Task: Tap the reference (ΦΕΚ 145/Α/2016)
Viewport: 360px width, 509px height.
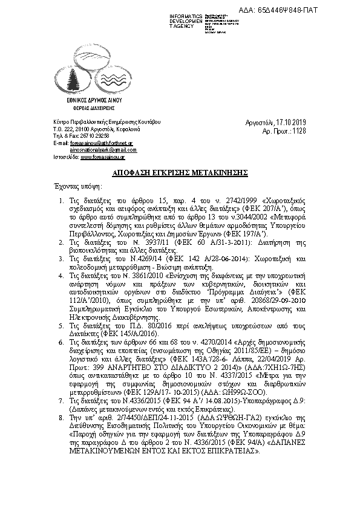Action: coord(129,333)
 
